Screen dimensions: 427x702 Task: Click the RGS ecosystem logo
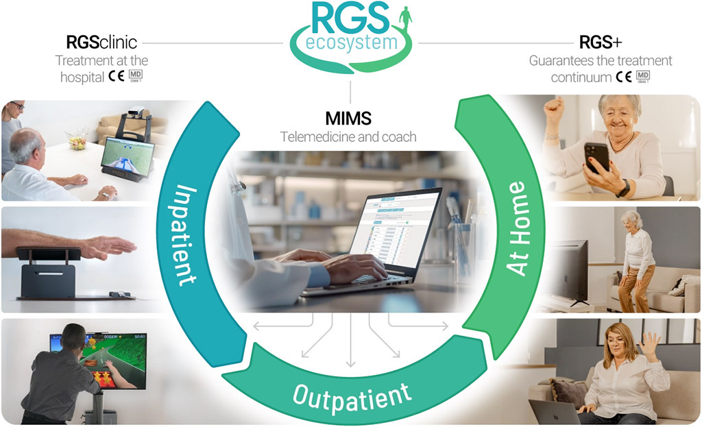(x=350, y=31)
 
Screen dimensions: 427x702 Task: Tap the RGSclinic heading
(x=101, y=42)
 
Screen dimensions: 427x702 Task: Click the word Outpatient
(x=352, y=394)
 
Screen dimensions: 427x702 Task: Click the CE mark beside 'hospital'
(x=116, y=77)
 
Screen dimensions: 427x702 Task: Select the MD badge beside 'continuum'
(x=643, y=77)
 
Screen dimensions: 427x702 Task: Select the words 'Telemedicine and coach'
(x=348, y=136)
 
